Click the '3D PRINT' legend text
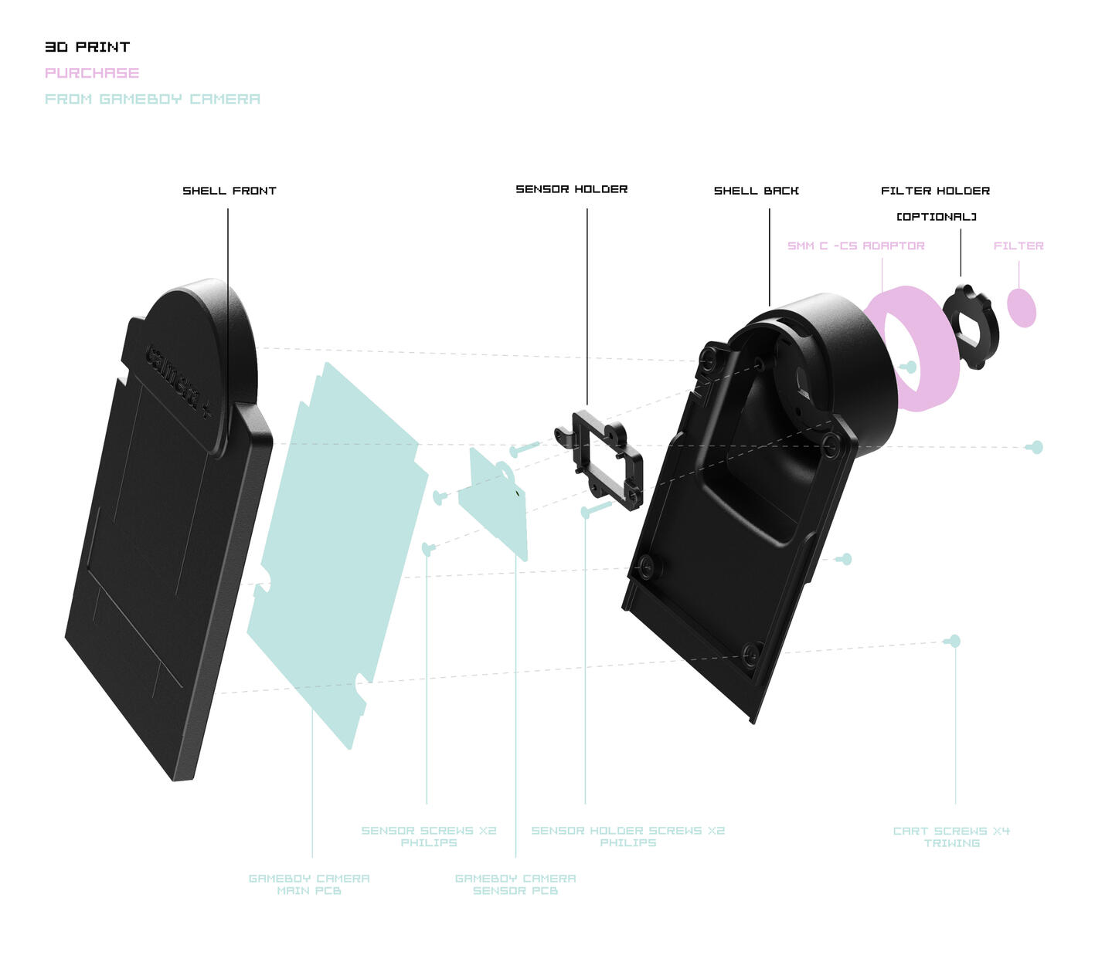point(87,47)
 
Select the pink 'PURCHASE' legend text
point(92,73)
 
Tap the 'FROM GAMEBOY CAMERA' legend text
point(152,99)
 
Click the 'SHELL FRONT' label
point(230,191)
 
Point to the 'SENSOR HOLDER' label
point(572,189)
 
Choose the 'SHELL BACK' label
point(757,191)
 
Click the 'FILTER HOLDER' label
point(935,191)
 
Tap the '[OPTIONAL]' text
point(937,217)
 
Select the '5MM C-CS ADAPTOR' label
point(856,246)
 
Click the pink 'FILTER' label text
point(1018,246)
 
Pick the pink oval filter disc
point(1022,308)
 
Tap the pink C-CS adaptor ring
point(939,378)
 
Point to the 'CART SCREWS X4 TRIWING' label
point(951,837)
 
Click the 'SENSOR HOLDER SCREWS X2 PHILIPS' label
point(627,836)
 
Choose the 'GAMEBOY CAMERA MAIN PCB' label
point(309,884)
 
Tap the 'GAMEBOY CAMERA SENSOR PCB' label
point(515,884)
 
